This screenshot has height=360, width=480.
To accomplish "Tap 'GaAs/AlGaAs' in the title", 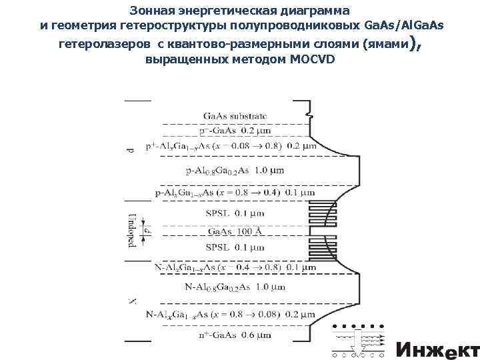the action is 405,25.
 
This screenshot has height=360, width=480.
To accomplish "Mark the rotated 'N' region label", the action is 131,302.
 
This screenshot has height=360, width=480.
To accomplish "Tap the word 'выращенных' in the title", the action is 181,59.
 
